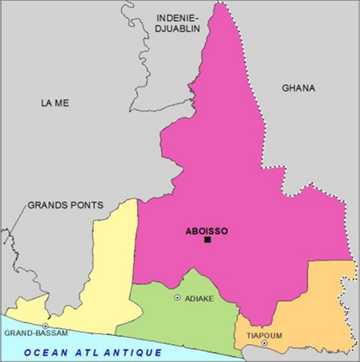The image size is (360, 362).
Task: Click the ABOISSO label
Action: tap(206, 230)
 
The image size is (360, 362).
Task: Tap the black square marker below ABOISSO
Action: tap(208, 240)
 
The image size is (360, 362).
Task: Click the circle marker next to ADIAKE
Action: tap(177, 298)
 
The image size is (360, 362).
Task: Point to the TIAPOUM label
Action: tap(264, 335)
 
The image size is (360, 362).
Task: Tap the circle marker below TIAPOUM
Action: tap(264, 343)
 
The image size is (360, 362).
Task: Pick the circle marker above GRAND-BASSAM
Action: tap(46, 326)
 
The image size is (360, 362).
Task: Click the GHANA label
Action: tap(299, 88)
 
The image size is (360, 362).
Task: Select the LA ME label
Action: tap(55, 103)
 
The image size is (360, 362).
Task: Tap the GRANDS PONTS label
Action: tap(65, 204)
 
